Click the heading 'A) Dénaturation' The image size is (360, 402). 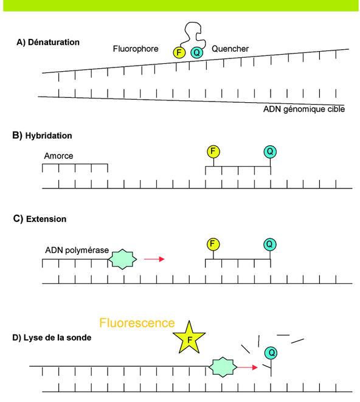point(49,43)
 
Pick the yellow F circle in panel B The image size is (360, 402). point(213,151)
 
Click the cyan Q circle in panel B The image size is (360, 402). point(271,151)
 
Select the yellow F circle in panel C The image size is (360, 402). point(213,244)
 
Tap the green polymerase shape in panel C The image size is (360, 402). point(124,259)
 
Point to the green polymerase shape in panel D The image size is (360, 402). point(222,367)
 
